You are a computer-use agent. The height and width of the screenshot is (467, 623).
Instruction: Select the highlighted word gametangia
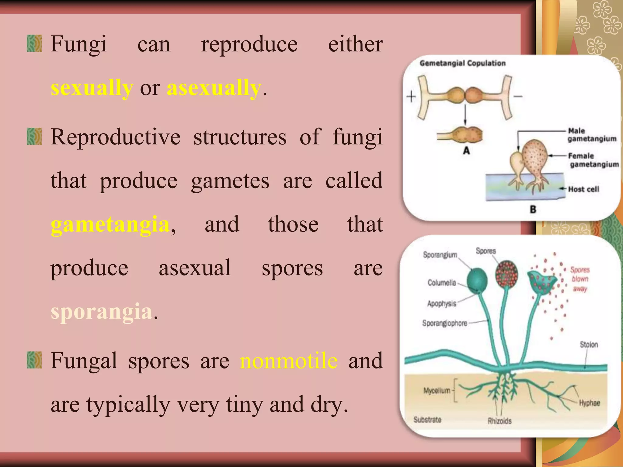(110, 224)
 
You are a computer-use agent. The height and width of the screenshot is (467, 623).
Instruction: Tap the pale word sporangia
(101, 312)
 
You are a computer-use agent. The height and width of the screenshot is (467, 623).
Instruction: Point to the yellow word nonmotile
(289, 361)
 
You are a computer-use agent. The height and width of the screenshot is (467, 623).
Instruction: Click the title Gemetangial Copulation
(462, 63)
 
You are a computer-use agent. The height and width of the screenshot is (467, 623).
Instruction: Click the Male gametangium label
(591, 135)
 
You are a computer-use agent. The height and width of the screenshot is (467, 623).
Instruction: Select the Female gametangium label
(593, 160)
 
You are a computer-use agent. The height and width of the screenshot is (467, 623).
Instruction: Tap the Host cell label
(583, 189)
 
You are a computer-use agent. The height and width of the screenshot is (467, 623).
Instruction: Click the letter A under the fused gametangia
(466, 150)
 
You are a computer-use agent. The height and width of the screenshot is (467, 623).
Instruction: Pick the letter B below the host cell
(533, 209)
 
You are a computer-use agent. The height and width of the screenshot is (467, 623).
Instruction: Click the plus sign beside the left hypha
(411, 97)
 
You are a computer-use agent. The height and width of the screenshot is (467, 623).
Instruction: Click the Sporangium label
(440, 255)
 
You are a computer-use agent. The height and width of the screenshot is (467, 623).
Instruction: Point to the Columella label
(442, 283)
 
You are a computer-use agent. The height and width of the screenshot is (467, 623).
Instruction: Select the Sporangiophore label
(444, 323)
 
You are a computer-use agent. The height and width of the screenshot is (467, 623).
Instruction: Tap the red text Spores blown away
(580, 279)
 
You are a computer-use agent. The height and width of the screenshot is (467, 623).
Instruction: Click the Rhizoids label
(499, 421)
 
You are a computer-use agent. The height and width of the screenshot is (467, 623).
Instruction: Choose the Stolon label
(589, 344)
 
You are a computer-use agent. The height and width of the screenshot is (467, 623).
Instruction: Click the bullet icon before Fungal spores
(34, 360)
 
